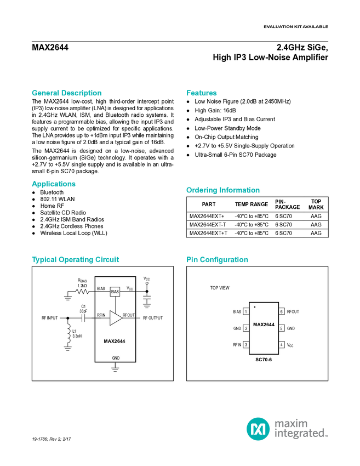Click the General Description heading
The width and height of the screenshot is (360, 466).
click(x=67, y=93)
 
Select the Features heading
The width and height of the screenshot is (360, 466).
click(x=202, y=93)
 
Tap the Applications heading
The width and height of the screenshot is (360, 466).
click(x=54, y=184)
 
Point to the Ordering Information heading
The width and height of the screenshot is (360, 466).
click(x=222, y=190)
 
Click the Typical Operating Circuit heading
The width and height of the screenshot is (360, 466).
click(x=76, y=260)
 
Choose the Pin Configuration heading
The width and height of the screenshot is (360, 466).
click(x=218, y=260)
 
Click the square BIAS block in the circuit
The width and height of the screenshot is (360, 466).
click(x=115, y=292)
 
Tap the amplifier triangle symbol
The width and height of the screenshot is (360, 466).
click(x=115, y=317)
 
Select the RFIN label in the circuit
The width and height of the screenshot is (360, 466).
click(x=101, y=315)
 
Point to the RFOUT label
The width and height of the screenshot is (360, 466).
click(x=129, y=315)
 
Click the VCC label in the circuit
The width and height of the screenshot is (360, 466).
click(x=130, y=288)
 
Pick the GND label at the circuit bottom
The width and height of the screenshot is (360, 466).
click(x=116, y=357)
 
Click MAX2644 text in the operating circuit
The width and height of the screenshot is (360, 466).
click(x=115, y=341)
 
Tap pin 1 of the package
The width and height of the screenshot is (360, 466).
click(x=246, y=311)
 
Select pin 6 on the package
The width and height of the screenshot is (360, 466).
click(x=282, y=311)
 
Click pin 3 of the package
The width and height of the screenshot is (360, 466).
click(x=246, y=345)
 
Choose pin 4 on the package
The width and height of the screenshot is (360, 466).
click(x=282, y=345)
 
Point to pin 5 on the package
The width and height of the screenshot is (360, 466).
click(x=282, y=328)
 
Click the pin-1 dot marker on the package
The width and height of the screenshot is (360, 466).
click(x=255, y=307)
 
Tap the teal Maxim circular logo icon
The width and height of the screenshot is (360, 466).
click(x=258, y=428)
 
